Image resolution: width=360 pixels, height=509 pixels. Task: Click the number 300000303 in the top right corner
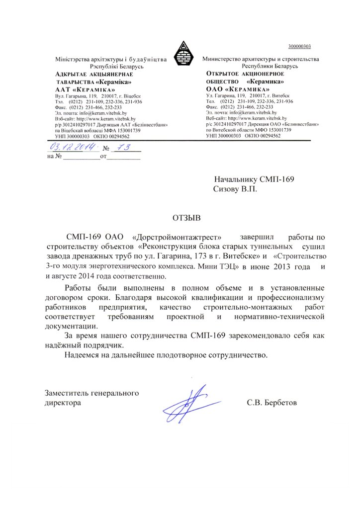pos(300,46)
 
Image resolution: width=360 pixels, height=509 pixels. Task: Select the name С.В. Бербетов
pos(271,403)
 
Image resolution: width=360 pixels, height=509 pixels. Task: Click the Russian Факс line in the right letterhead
pos(240,106)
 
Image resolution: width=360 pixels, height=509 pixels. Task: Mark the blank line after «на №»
pos(81,158)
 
